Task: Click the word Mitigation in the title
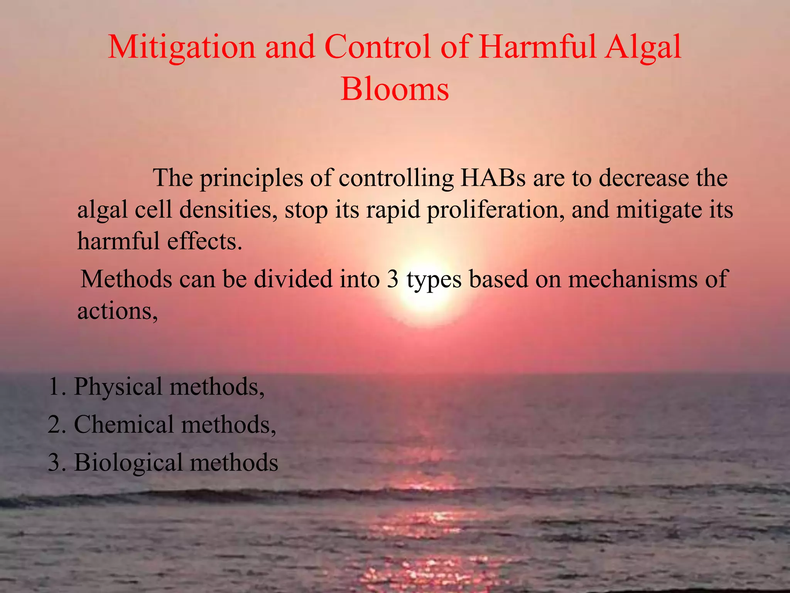tap(182, 47)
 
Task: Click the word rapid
tap(393, 210)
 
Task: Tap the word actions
tap(117, 311)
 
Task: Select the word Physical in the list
tap(118, 386)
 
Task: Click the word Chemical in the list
tap(124, 424)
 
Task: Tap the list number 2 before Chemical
tap(55, 424)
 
